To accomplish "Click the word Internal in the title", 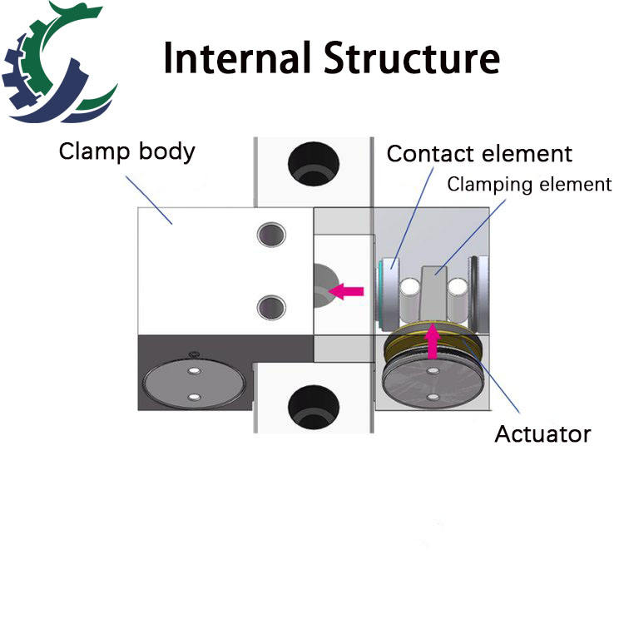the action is coord(237,57).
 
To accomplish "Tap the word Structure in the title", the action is coord(412,57).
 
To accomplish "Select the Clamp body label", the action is coord(127,151).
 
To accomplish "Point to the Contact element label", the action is coord(479,154).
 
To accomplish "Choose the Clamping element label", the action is coord(529,184).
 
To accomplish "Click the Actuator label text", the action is coord(542,433).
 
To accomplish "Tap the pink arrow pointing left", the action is coord(346,291).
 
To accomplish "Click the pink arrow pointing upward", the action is coord(432,341).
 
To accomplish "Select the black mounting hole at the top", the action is coord(314,164).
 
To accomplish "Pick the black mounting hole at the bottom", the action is coord(314,407).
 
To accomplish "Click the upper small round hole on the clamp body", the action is coord(271,235).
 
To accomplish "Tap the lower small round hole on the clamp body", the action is coord(271,307).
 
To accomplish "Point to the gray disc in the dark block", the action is coord(194,384).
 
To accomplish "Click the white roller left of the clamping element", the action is coord(409,300).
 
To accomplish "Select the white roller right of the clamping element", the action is coord(458,300).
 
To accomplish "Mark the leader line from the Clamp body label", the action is coord(149,201).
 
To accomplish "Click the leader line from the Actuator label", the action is coord(492,377).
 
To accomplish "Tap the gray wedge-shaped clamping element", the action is coord(433,294).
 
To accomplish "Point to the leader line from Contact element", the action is coord(413,218).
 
